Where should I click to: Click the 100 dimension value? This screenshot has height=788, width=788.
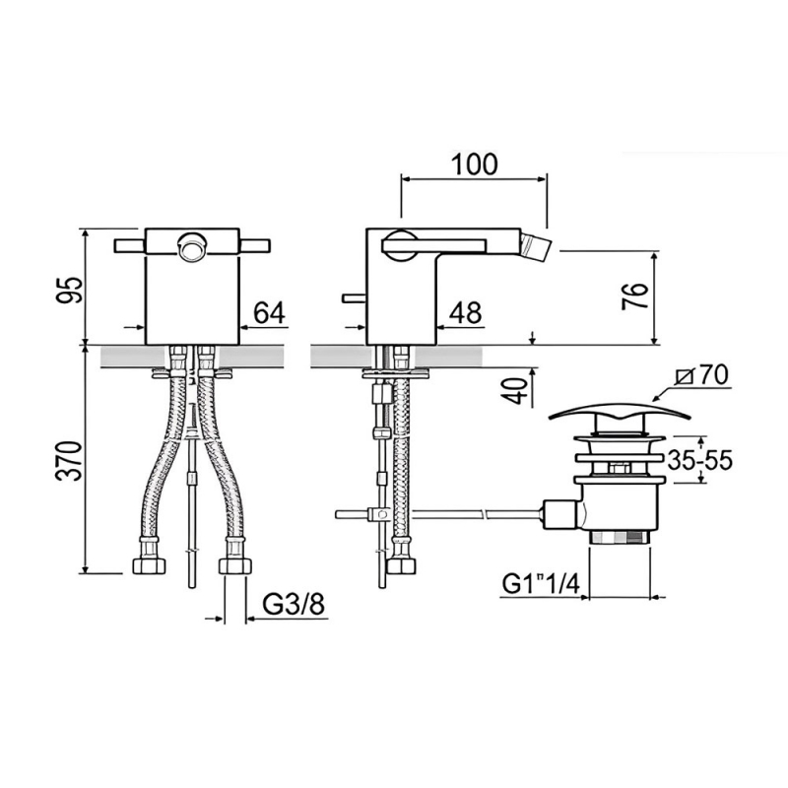pyautogui.click(x=475, y=164)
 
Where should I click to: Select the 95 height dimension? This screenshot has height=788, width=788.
pyautogui.click(x=69, y=290)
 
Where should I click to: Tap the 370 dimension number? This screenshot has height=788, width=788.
pyautogui.click(x=69, y=461)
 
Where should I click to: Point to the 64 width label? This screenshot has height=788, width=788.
pyautogui.click(x=269, y=312)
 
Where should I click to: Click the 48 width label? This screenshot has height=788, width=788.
pyautogui.click(x=465, y=312)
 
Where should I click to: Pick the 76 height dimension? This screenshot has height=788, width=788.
pyautogui.click(x=635, y=296)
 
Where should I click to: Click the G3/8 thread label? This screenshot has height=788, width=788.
pyautogui.click(x=295, y=605)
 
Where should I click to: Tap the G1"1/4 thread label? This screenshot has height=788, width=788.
pyautogui.click(x=541, y=584)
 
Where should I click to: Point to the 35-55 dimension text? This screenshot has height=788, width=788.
pyautogui.click(x=700, y=460)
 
